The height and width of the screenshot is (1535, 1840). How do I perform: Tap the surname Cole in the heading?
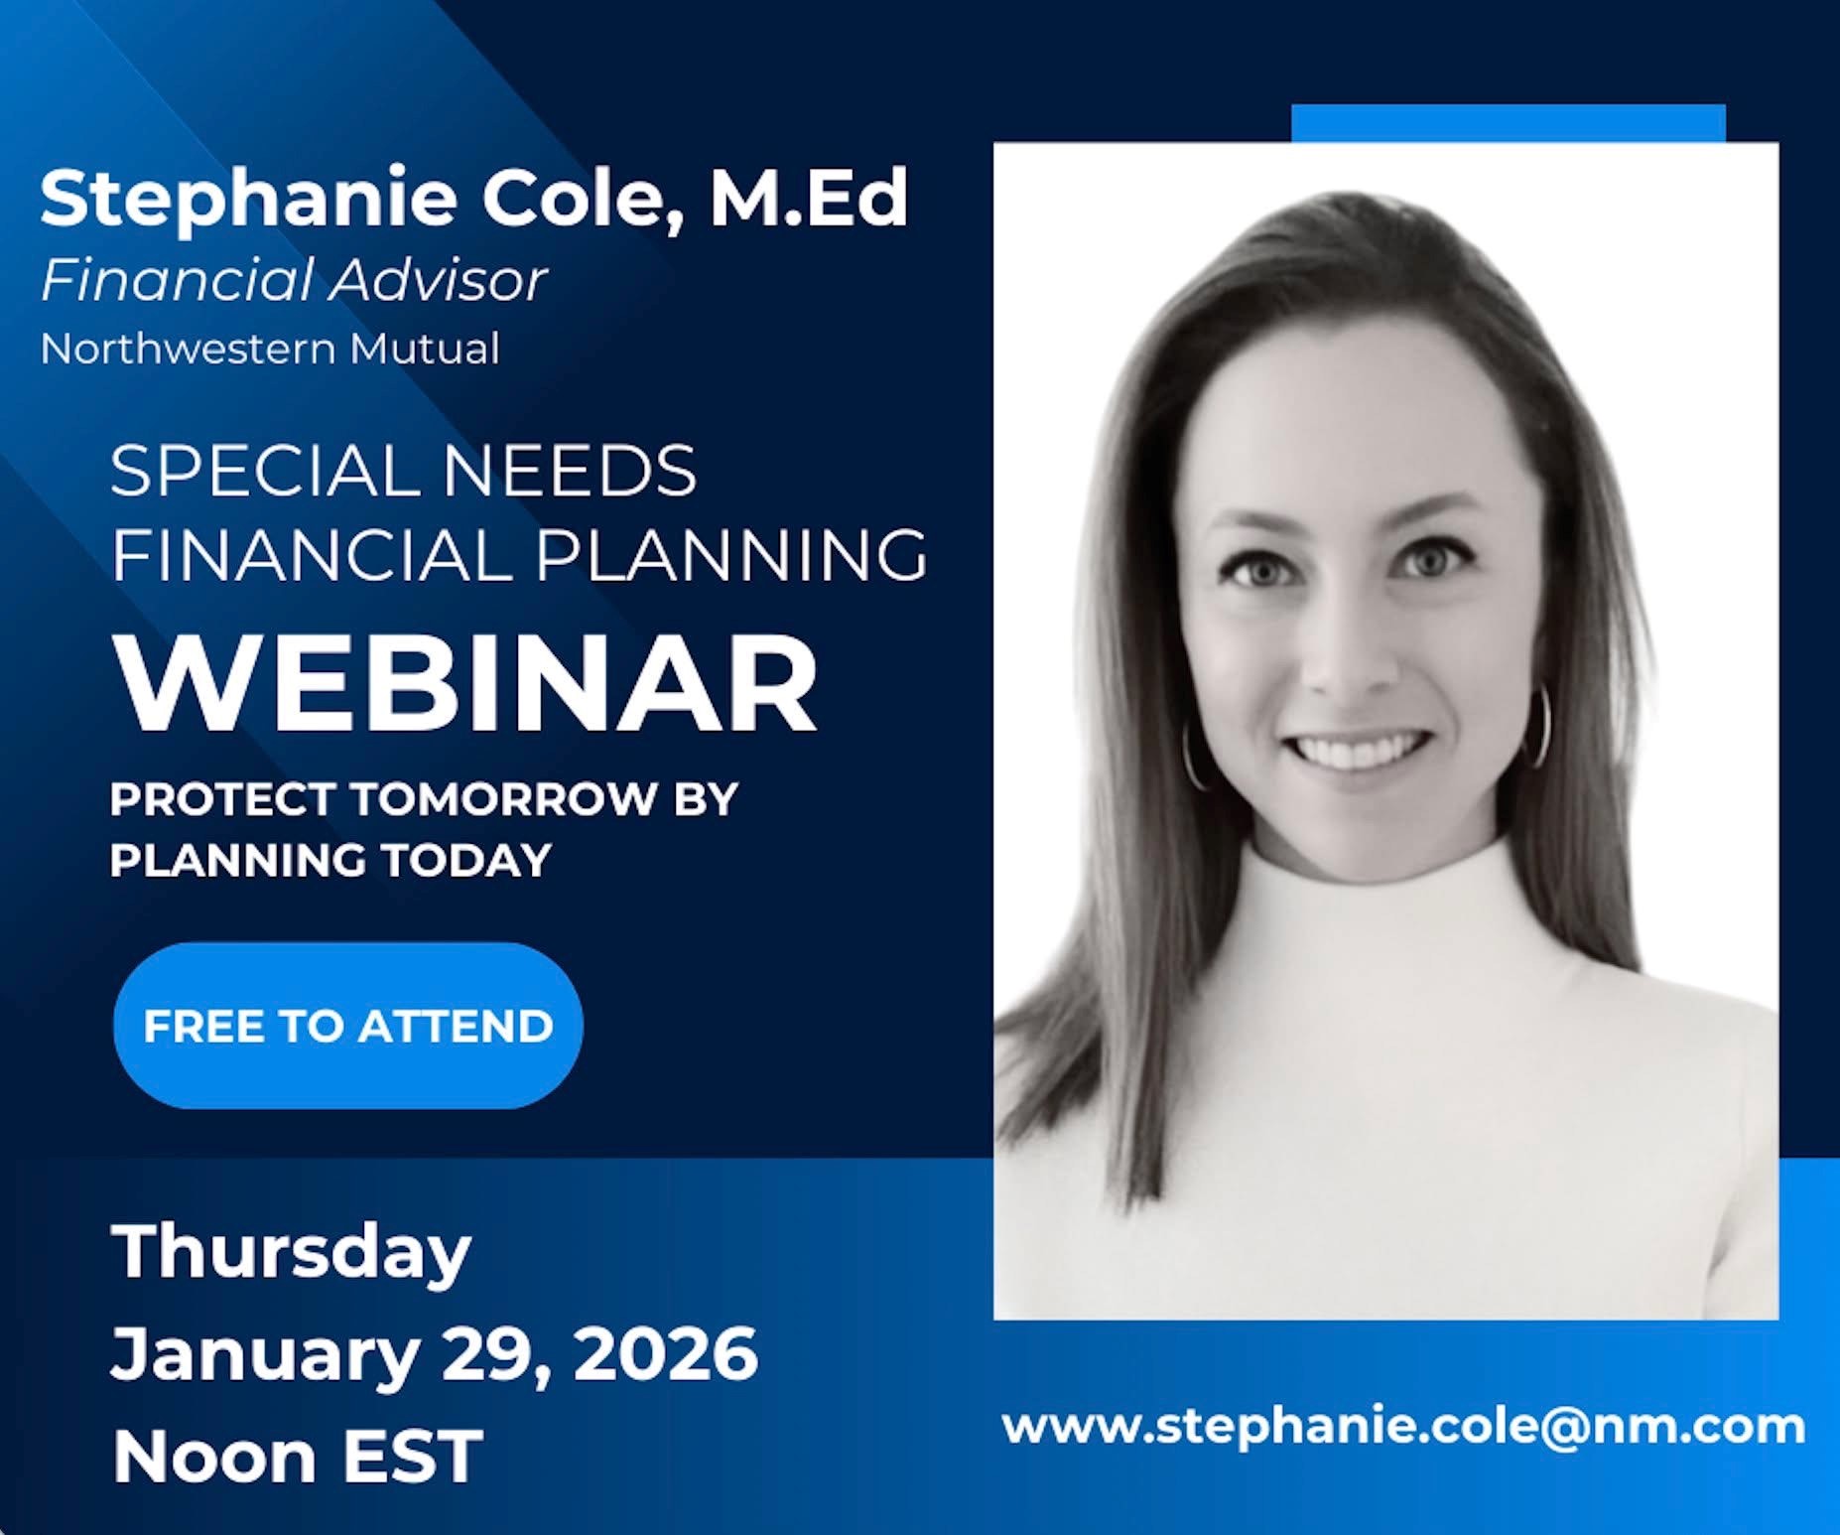[584, 199]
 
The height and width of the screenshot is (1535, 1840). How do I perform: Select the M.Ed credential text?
[808, 197]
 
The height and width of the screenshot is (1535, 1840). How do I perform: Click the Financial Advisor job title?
[294, 280]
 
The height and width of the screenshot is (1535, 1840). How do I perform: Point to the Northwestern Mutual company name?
[270, 349]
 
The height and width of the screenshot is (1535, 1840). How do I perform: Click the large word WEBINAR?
[465, 683]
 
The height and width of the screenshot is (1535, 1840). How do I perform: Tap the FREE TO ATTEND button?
[348, 1026]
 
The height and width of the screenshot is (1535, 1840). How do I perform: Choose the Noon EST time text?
[298, 1457]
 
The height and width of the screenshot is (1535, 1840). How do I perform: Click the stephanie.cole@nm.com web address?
[1403, 1427]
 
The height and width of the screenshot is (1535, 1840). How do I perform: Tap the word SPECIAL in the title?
[266, 471]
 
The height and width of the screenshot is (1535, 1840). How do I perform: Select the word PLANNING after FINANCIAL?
[732, 554]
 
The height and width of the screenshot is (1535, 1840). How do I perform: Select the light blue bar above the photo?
[1509, 123]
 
